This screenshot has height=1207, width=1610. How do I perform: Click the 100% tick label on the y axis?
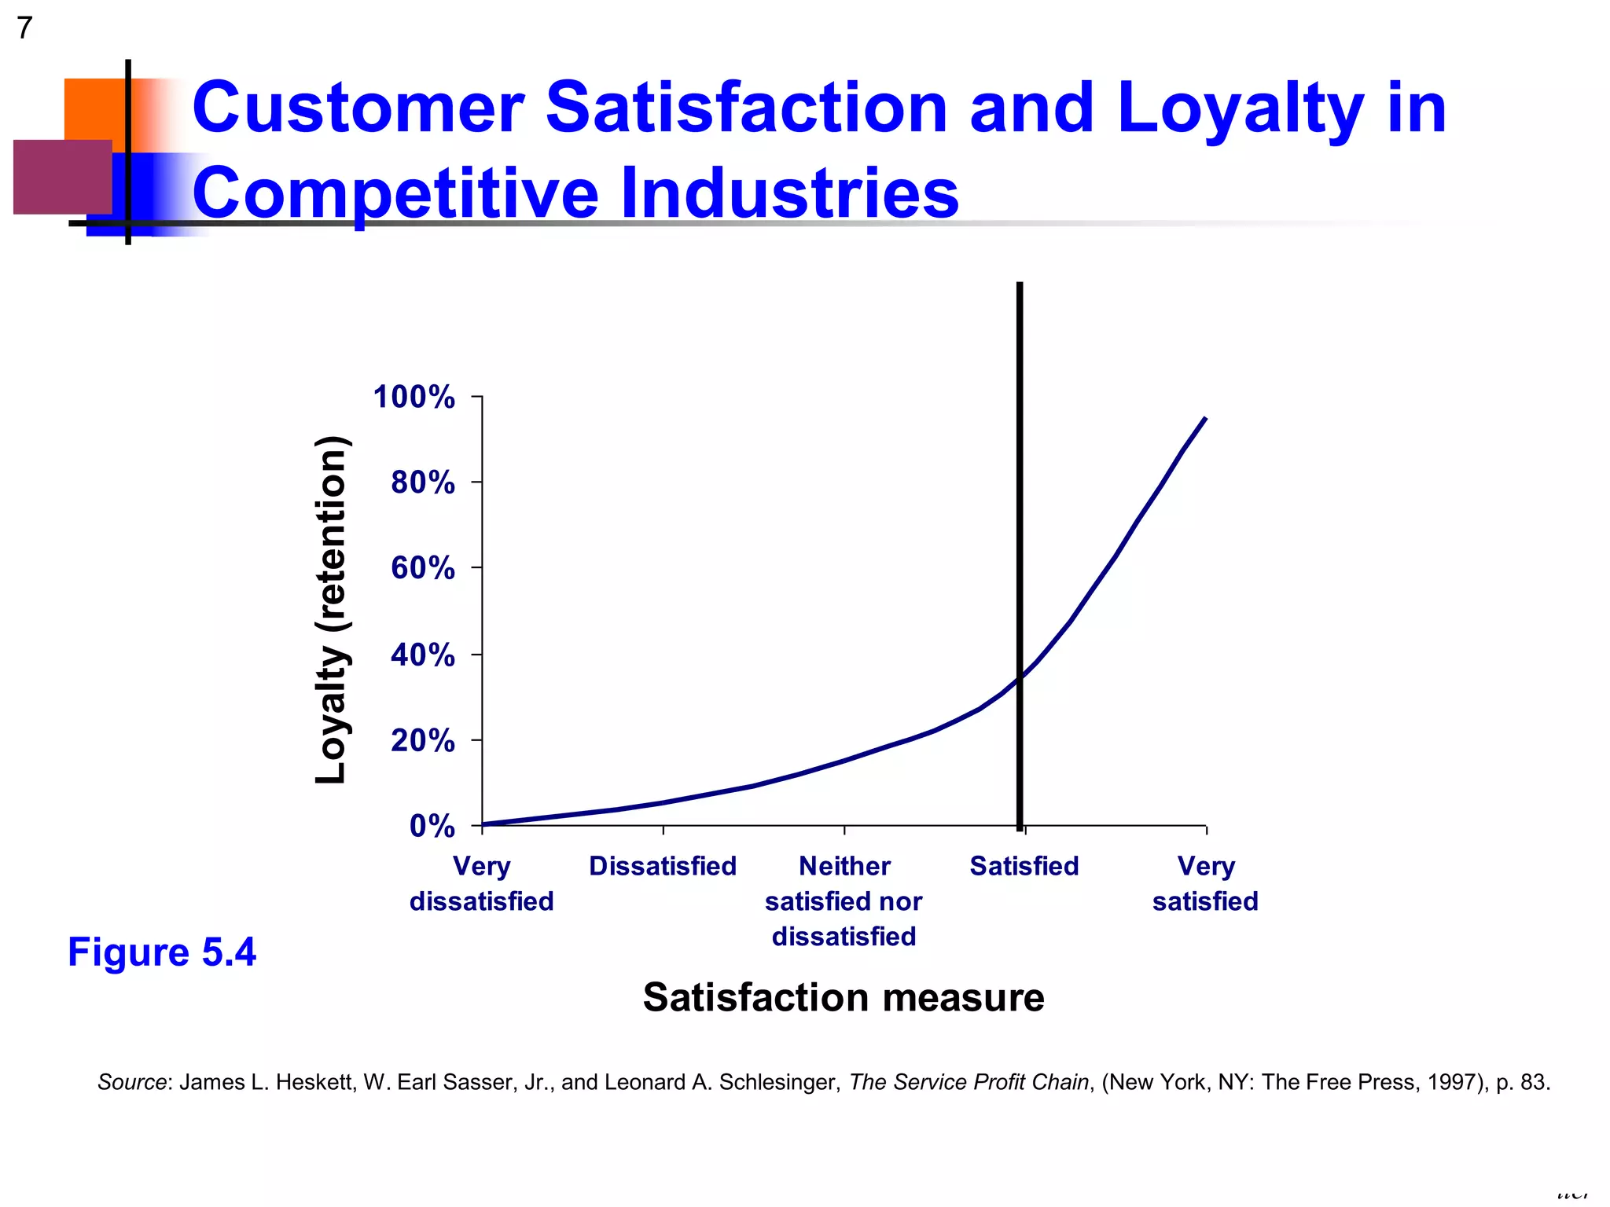coord(414,397)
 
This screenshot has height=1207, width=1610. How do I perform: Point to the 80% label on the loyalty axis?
coord(423,482)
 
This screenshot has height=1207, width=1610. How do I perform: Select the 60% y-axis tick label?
coord(423,567)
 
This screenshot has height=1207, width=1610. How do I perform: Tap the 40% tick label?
coord(423,655)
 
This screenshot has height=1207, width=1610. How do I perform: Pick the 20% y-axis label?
coord(423,740)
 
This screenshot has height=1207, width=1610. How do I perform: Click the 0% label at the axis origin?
coord(432,826)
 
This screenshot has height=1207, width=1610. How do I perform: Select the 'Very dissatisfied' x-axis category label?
coord(481,883)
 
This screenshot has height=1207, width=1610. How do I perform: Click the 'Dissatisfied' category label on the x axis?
coord(663,866)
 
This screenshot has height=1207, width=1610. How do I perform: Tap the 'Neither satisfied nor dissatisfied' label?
coord(844,901)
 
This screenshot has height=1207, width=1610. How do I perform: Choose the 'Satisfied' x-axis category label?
coord(1024,866)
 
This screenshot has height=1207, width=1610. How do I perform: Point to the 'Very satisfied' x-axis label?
coord(1205,883)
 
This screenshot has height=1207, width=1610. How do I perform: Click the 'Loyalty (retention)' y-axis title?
coord(331,609)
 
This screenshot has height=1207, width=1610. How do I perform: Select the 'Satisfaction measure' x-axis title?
coord(844,997)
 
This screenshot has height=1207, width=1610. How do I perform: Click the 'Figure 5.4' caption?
coord(162,952)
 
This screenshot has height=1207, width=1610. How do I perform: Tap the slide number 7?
coord(24,28)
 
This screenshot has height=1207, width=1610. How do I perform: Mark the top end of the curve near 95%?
coord(1205,419)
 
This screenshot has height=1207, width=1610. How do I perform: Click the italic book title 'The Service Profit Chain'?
coord(969,1082)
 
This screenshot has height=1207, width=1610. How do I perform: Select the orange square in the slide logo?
coord(94,108)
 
